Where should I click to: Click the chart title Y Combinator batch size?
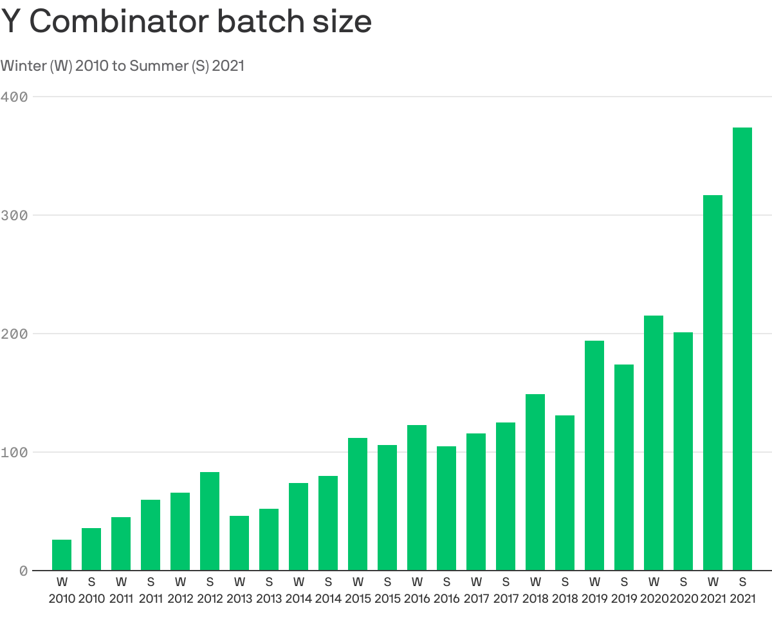coord(187,22)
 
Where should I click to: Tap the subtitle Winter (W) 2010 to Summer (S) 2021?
coord(122,66)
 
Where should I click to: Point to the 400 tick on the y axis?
coord(14,97)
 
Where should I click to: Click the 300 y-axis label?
coord(14,215)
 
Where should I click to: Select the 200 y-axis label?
coord(14,334)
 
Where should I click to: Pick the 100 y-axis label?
coord(14,452)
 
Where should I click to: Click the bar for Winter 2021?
coord(713,383)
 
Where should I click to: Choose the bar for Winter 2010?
coord(62,555)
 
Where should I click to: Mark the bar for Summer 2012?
coord(210,521)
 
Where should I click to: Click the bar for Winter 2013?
coord(239,543)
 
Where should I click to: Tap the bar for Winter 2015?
coord(358,504)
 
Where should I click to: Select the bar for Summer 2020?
coord(683,451)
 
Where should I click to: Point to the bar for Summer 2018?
coord(565,493)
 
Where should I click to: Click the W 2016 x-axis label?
coord(417,590)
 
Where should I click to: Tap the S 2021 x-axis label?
coord(742,590)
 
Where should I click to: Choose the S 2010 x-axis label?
coord(91,590)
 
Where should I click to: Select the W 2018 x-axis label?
coord(535,590)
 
